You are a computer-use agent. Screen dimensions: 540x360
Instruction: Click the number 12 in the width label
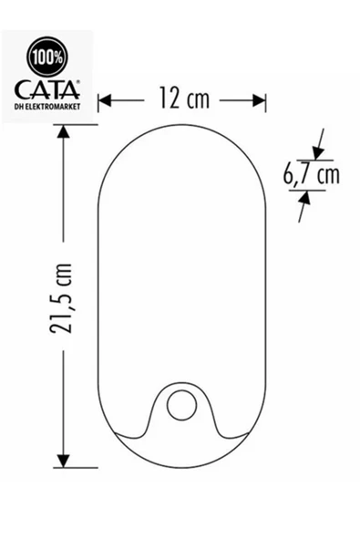(x=166, y=99)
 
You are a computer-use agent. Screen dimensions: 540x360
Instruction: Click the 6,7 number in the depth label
(x=296, y=174)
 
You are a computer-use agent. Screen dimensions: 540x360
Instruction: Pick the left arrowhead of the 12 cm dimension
(x=104, y=99)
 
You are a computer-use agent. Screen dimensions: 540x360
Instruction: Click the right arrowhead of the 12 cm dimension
(x=260, y=99)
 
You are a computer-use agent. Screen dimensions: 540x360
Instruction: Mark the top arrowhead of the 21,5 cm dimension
(x=63, y=131)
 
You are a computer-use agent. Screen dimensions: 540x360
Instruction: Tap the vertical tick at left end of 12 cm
(x=98, y=99)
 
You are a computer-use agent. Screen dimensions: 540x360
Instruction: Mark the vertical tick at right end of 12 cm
(x=266, y=99)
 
